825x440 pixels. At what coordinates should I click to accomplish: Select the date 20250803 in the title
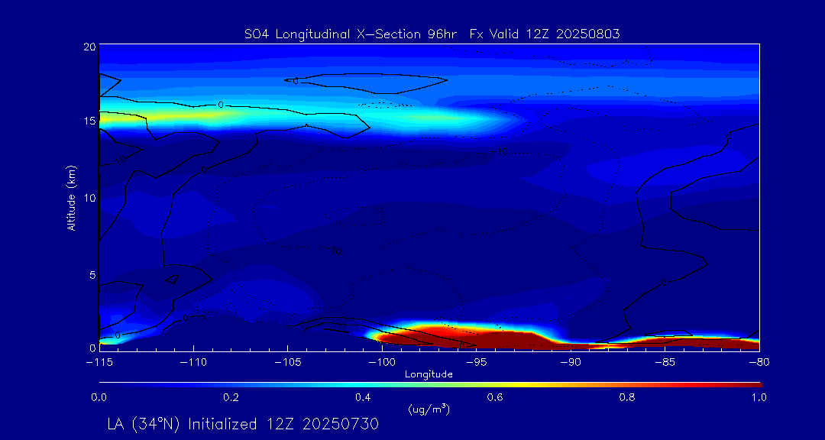pyautogui.click(x=587, y=34)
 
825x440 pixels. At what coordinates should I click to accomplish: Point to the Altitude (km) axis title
pyautogui.click(x=71, y=198)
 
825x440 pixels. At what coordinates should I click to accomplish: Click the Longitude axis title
pyautogui.click(x=429, y=374)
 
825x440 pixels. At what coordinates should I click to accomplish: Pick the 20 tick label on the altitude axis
pyautogui.click(x=89, y=47)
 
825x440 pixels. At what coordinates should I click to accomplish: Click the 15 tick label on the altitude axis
pyautogui.click(x=89, y=121)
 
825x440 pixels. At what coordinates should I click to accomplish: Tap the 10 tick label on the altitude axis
pyautogui.click(x=89, y=198)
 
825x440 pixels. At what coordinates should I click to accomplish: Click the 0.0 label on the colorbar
pyautogui.click(x=99, y=397)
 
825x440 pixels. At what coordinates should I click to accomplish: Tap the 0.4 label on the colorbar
pyautogui.click(x=364, y=397)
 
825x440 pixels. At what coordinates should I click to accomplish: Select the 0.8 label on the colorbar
pyautogui.click(x=628, y=397)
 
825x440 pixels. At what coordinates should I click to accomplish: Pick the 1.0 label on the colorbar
pyautogui.click(x=759, y=397)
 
